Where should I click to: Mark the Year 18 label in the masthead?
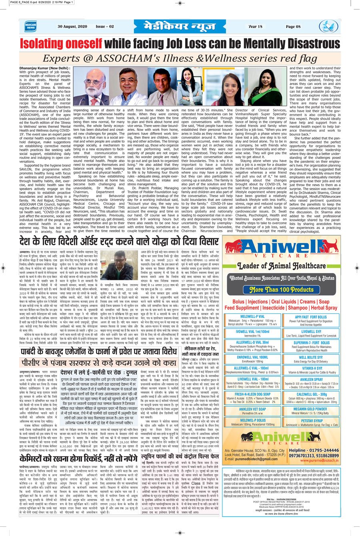click(255, 27)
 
